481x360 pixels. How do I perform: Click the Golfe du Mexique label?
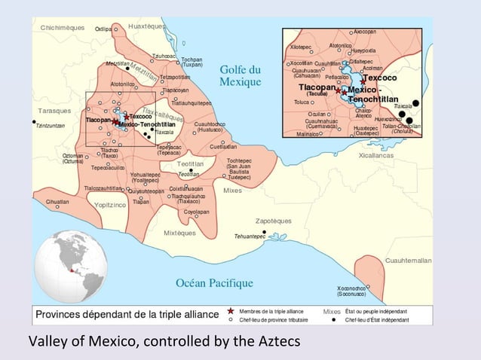[240, 75]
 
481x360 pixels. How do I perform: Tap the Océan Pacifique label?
[214, 283]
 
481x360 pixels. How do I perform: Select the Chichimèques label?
[63, 27]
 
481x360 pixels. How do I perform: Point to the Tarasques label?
[54, 111]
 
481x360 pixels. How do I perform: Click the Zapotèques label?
[274, 221]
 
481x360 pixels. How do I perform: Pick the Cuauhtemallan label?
[408, 260]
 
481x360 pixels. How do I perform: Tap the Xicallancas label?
[375, 155]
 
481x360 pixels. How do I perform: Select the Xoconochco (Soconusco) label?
[352, 291]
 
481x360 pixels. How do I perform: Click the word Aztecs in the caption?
[278, 342]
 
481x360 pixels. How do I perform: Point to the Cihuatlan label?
[57, 202]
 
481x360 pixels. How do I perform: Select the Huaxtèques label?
[146, 26]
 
